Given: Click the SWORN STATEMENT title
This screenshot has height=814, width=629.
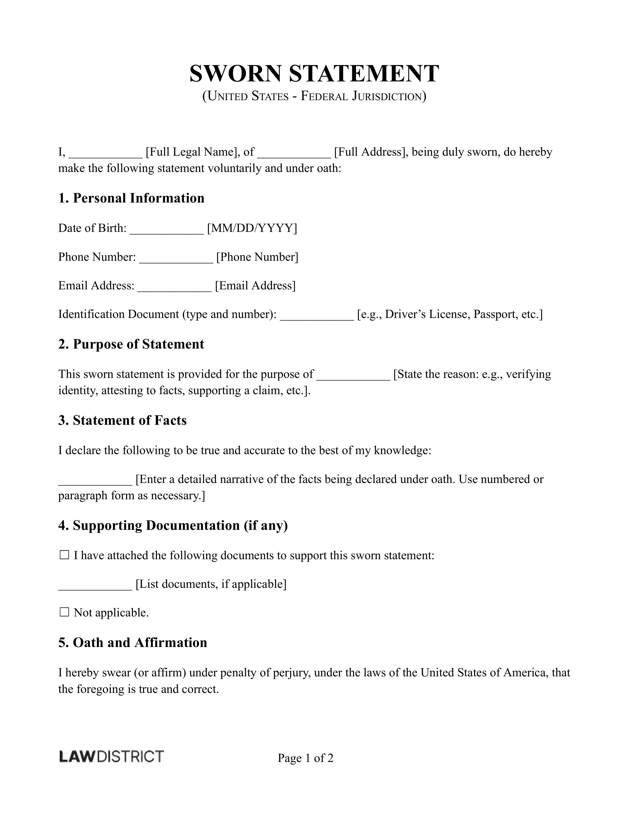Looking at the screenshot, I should point(314,74).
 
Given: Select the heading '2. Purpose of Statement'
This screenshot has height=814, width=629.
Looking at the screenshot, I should point(131,344).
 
